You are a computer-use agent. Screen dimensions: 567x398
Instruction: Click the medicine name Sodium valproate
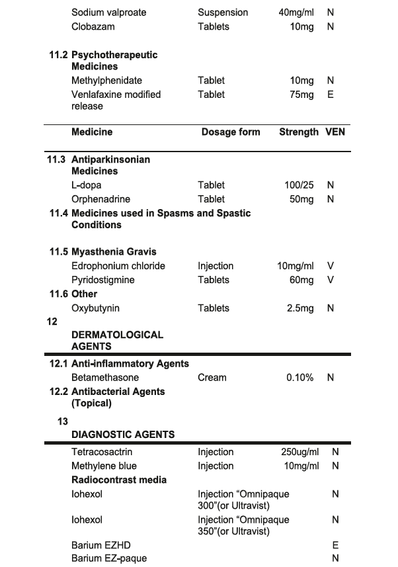pyautogui.click(x=109, y=13)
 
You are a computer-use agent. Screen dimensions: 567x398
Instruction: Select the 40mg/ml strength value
pyautogui.click(x=296, y=13)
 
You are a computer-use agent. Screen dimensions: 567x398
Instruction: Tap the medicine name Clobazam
pyautogui.click(x=93, y=26)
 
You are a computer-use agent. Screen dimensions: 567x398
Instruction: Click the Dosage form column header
pyautogui.click(x=231, y=132)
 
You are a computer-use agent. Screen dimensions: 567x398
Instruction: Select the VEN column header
pyautogui.click(x=335, y=132)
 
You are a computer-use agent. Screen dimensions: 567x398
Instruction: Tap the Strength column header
pyautogui.click(x=299, y=132)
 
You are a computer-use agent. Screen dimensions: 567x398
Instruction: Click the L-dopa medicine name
pyautogui.click(x=87, y=185)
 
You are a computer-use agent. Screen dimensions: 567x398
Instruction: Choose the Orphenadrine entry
pyautogui.click(x=101, y=199)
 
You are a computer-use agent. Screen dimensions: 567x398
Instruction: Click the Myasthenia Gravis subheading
pyautogui.click(x=114, y=252)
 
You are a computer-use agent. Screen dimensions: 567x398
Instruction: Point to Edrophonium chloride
pyautogui.click(x=118, y=266)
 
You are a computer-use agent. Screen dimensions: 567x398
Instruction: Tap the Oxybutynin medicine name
pyautogui.click(x=96, y=308)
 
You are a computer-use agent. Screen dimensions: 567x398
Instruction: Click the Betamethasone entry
pyautogui.click(x=105, y=378)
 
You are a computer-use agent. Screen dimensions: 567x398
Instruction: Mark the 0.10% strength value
pyautogui.click(x=300, y=378)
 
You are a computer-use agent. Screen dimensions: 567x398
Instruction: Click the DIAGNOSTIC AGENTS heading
pyautogui.click(x=123, y=435)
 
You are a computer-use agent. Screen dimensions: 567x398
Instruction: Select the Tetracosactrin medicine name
pyautogui.click(x=102, y=453)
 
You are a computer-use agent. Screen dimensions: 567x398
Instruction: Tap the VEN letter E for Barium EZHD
pyautogui.click(x=335, y=546)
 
